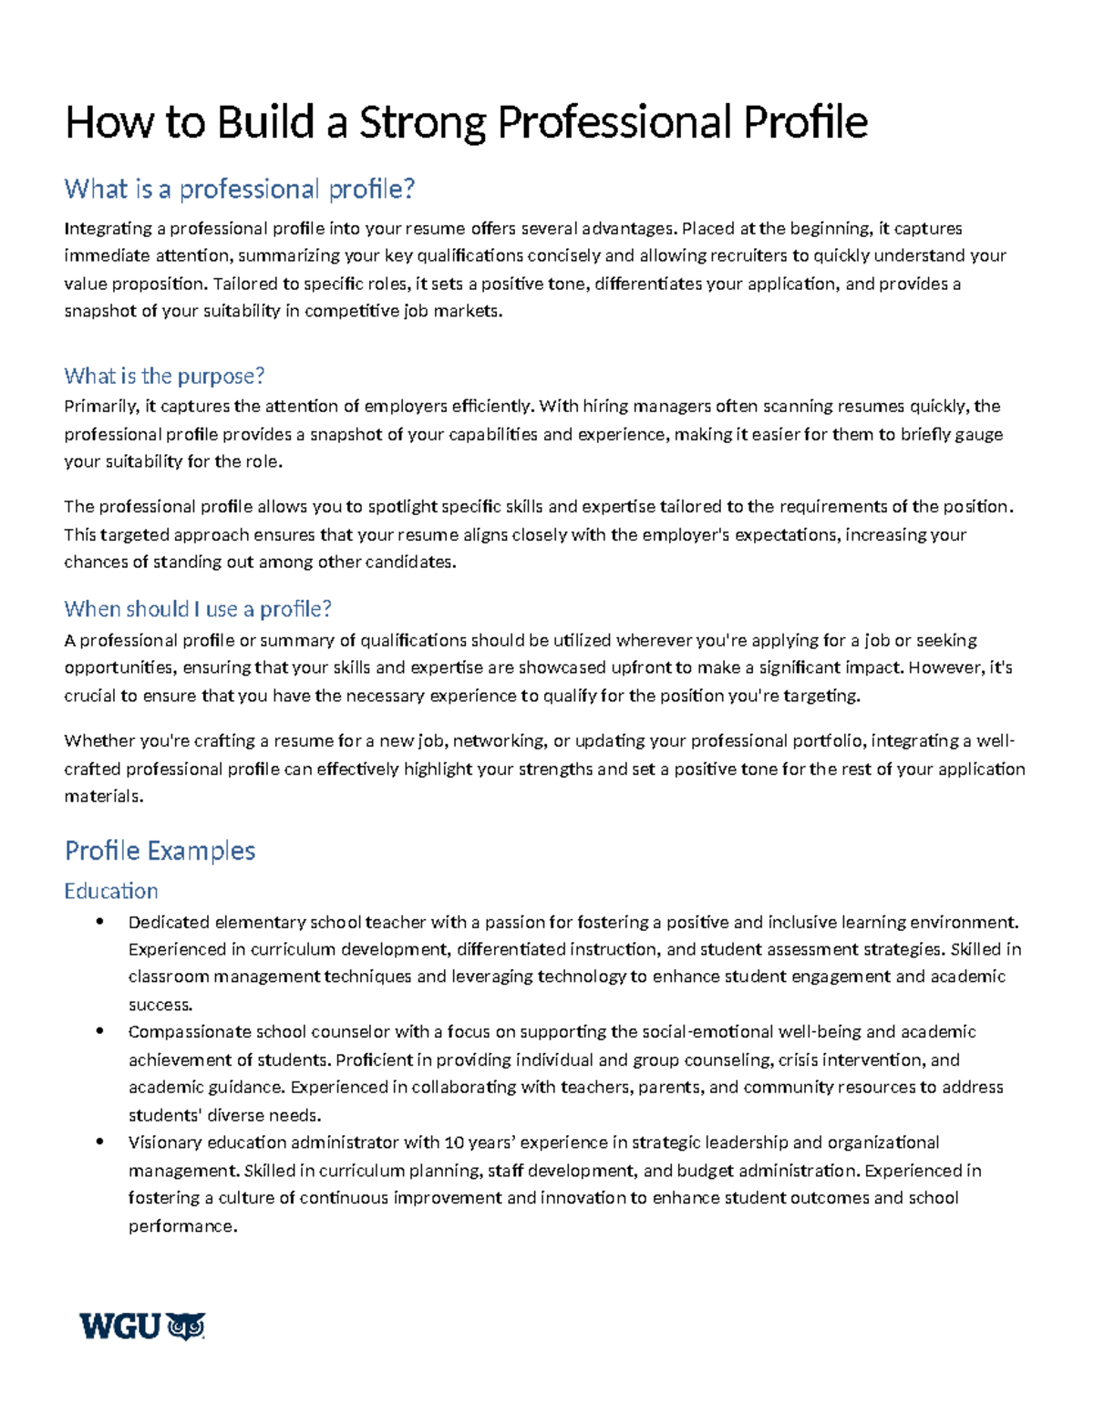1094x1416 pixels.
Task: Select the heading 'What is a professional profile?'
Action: pyautogui.click(x=239, y=189)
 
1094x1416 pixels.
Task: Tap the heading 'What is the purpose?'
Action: pyautogui.click(x=164, y=376)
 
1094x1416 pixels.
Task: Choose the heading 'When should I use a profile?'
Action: pyautogui.click(x=198, y=608)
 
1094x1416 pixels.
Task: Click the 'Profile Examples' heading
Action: pyautogui.click(x=160, y=851)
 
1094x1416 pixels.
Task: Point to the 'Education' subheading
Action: pyautogui.click(x=111, y=891)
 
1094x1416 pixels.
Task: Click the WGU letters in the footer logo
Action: pyautogui.click(x=120, y=1327)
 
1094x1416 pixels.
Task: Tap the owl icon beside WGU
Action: pyautogui.click(x=187, y=1327)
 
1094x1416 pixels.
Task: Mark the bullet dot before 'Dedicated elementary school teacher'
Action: pyautogui.click(x=99, y=922)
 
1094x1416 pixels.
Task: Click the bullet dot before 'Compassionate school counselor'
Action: pyautogui.click(x=99, y=1032)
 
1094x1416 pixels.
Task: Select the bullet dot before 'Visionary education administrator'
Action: pyautogui.click(x=99, y=1142)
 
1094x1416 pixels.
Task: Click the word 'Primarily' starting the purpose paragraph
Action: pyautogui.click(x=99, y=407)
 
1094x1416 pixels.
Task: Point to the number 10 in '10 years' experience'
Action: pyautogui.click(x=453, y=1142)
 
